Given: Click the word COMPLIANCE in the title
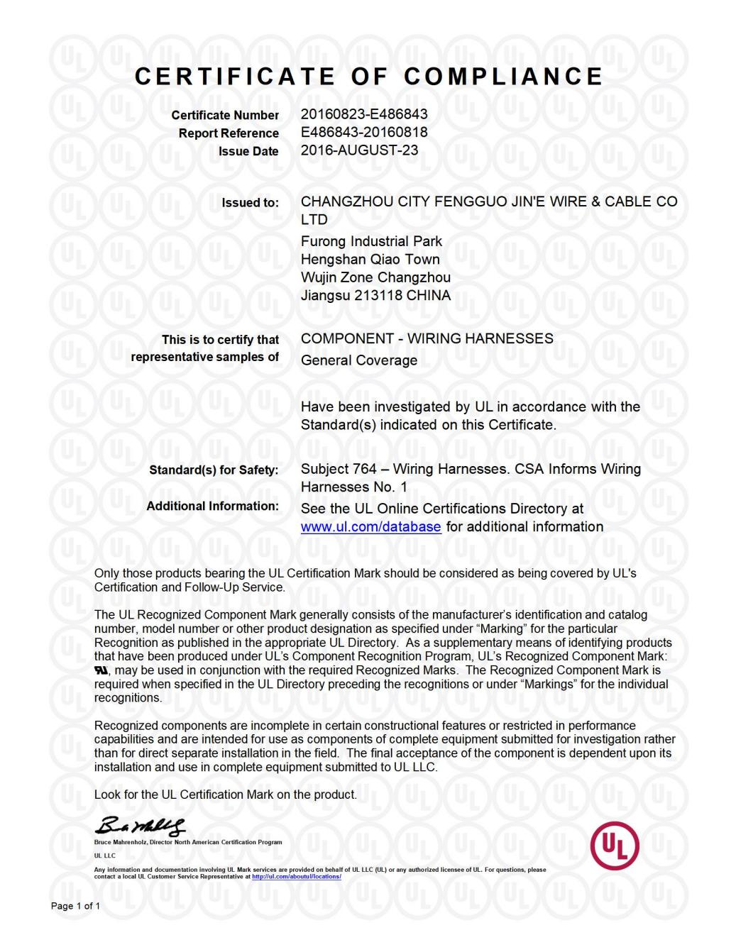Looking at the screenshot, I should point(503,77).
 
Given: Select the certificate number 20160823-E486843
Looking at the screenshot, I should point(364,114).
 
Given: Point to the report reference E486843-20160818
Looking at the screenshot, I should point(364,132).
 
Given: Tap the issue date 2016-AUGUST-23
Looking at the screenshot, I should point(359,150).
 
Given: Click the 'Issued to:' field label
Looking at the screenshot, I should point(250,203).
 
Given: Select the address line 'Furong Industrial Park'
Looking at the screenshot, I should point(371,241).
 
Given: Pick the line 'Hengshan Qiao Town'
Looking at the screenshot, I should point(370,260).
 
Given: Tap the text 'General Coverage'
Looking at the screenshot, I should point(358,360).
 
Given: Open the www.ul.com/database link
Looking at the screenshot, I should point(370,527).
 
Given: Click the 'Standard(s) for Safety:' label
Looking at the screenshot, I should point(214,470).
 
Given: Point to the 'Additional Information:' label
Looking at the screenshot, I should point(212,507).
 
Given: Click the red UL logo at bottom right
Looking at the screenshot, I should point(615,846).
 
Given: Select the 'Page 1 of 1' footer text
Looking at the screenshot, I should point(75,906).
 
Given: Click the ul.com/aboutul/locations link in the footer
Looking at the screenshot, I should point(296,877).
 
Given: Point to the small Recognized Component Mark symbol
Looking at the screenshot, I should point(101,670).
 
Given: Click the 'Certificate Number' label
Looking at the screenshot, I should point(225,115).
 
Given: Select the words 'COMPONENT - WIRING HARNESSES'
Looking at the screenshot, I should point(427,339).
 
